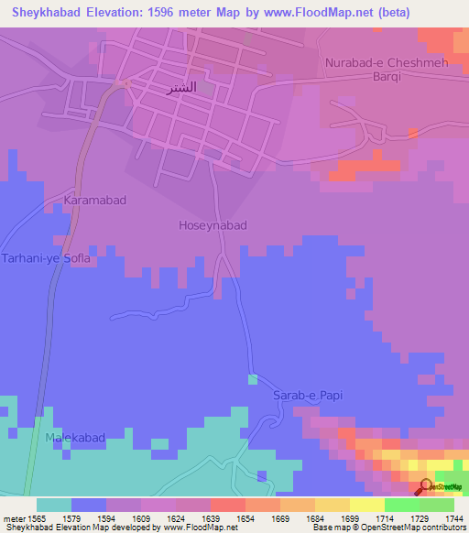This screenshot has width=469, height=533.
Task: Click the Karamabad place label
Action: click(x=94, y=199)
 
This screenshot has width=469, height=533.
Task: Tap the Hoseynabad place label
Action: click(x=213, y=224)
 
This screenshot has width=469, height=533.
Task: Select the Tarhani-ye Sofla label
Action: click(x=46, y=258)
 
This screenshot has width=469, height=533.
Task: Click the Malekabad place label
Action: click(x=79, y=440)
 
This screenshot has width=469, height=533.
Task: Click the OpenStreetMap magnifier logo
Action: click(x=426, y=485)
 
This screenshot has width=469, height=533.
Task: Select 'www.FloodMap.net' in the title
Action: click(x=327, y=13)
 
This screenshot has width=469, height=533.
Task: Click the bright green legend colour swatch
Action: click(x=401, y=505)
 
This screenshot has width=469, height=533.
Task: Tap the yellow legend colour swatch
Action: click(x=366, y=505)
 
